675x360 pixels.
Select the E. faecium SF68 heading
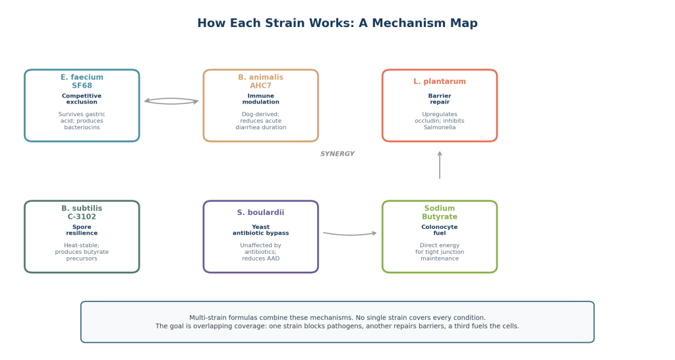point(82,81)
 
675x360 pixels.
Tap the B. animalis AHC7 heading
point(261,81)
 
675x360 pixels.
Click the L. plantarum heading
point(440,81)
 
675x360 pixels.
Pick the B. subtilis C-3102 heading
point(82,212)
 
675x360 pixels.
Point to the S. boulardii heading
point(261,212)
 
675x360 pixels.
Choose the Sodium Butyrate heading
point(440,212)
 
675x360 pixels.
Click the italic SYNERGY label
point(337,154)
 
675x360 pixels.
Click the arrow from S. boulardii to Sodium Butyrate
point(350,235)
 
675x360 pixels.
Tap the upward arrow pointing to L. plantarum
point(440,165)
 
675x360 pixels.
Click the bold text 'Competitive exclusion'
point(82,99)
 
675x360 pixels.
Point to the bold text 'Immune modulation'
point(261,99)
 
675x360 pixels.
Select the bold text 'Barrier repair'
point(440,99)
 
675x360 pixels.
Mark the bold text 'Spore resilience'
point(82,230)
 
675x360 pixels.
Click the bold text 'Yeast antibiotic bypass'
point(261,230)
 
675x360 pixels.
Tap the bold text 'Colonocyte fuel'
point(440,230)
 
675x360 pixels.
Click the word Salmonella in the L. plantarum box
point(440,127)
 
